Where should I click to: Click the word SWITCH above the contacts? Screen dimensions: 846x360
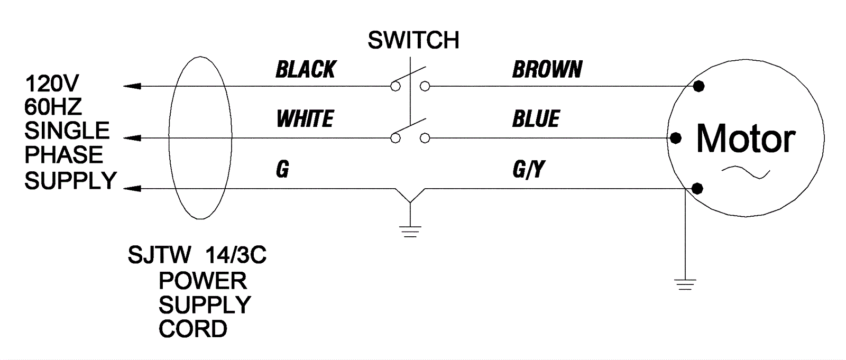tap(413, 41)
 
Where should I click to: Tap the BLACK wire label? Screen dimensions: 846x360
tap(306, 70)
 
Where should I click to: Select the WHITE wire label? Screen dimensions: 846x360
tap(305, 119)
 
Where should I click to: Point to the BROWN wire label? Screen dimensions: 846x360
tap(547, 70)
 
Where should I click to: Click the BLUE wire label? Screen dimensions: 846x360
tap(536, 119)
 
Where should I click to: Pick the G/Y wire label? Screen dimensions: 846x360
tap(528, 170)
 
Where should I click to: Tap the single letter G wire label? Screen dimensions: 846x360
tap(282, 170)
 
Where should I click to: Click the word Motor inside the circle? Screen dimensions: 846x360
tap(746, 139)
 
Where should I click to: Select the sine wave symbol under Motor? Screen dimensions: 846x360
tap(746, 172)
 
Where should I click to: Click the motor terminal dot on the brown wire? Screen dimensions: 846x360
tap(699, 86)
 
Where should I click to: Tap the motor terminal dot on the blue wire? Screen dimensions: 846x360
tap(675, 139)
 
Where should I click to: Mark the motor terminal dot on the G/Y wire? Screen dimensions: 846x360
tap(697, 188)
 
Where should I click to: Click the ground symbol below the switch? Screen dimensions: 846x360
tap(410, 231)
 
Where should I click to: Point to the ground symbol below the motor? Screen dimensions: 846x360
tap(685, 284)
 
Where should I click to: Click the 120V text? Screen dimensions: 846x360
tap(52, 84)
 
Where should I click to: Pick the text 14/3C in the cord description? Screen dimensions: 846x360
tap(235, 256)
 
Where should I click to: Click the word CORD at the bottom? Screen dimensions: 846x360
tap(193, 329)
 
